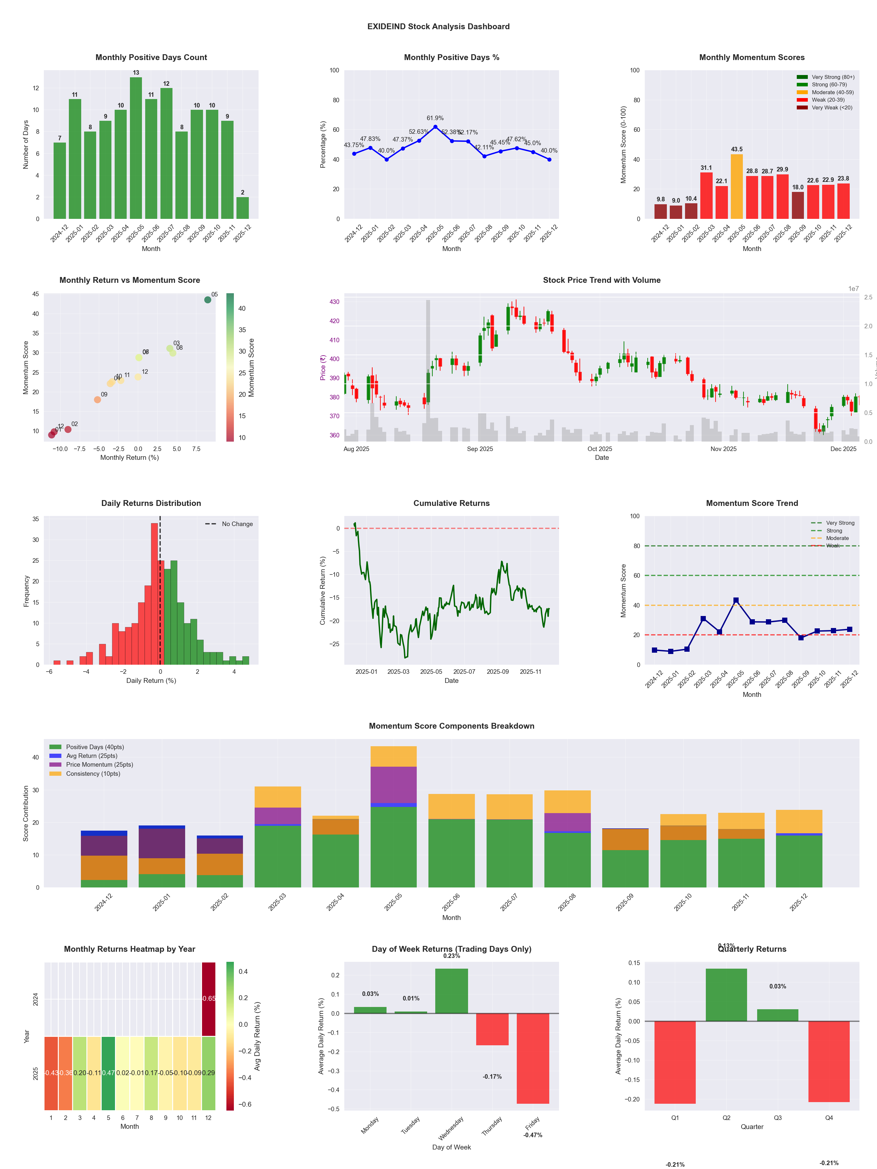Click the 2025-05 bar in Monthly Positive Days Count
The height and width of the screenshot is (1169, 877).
(x=136, y=148)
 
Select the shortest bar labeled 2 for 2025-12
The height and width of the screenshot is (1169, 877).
(x=243, y=208)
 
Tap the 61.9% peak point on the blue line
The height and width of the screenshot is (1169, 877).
(x=435, y=127)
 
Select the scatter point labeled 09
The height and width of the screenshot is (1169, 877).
(x=97, y=399)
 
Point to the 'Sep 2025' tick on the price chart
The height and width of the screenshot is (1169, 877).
(x=479, y=449)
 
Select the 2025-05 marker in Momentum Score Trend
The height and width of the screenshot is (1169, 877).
(x=736, y=600)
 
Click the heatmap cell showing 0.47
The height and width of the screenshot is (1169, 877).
(x=108, y=1073)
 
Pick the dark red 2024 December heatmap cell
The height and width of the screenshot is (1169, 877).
(x=209, y=999)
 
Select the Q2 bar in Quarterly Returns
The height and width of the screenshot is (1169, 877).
(x=726, y=995)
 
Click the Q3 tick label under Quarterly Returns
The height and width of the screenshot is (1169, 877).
(x=778, y=1118)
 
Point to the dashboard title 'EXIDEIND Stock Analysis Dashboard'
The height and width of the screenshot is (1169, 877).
(x=438, y=26)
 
